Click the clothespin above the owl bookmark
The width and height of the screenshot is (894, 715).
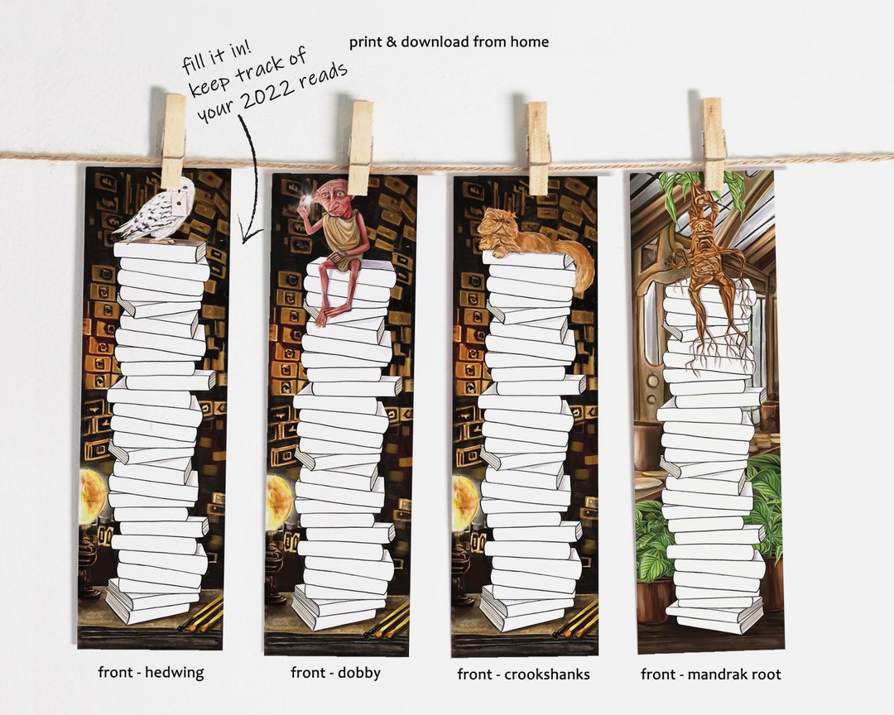173,141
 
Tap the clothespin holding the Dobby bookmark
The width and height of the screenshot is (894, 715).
360,147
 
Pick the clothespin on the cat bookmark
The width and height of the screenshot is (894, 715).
538,148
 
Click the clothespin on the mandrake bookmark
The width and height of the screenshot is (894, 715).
714,143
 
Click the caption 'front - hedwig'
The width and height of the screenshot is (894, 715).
151,672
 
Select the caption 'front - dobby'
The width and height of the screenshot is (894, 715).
335,673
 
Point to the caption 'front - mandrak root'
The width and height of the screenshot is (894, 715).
711,674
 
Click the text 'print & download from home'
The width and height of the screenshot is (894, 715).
449,41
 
